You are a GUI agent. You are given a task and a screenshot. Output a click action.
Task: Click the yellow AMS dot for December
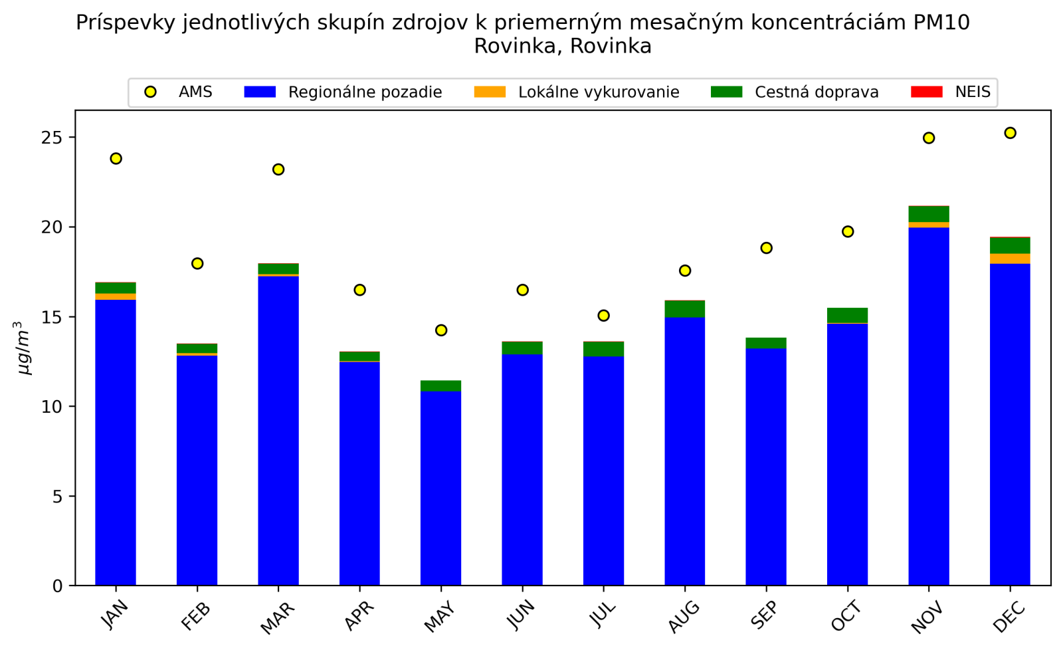(1010, 133)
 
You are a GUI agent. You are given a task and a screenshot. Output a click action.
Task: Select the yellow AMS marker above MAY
(441, 330)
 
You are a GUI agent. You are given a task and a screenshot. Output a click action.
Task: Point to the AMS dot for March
(278, 169)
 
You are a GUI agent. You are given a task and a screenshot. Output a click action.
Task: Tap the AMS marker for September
(766, 248)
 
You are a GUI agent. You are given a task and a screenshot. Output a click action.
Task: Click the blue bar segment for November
(929, 405)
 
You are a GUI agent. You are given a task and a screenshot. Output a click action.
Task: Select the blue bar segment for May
(441, 488)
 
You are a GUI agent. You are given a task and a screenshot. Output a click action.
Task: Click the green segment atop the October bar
(847, 315)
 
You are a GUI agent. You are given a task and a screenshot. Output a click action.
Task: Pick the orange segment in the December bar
(1010, 259)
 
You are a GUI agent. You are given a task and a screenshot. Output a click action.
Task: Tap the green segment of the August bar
(684, 309)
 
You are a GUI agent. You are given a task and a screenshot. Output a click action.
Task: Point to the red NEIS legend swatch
(926, 92)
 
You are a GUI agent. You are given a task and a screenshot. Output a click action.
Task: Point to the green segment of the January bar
(116, 288)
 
